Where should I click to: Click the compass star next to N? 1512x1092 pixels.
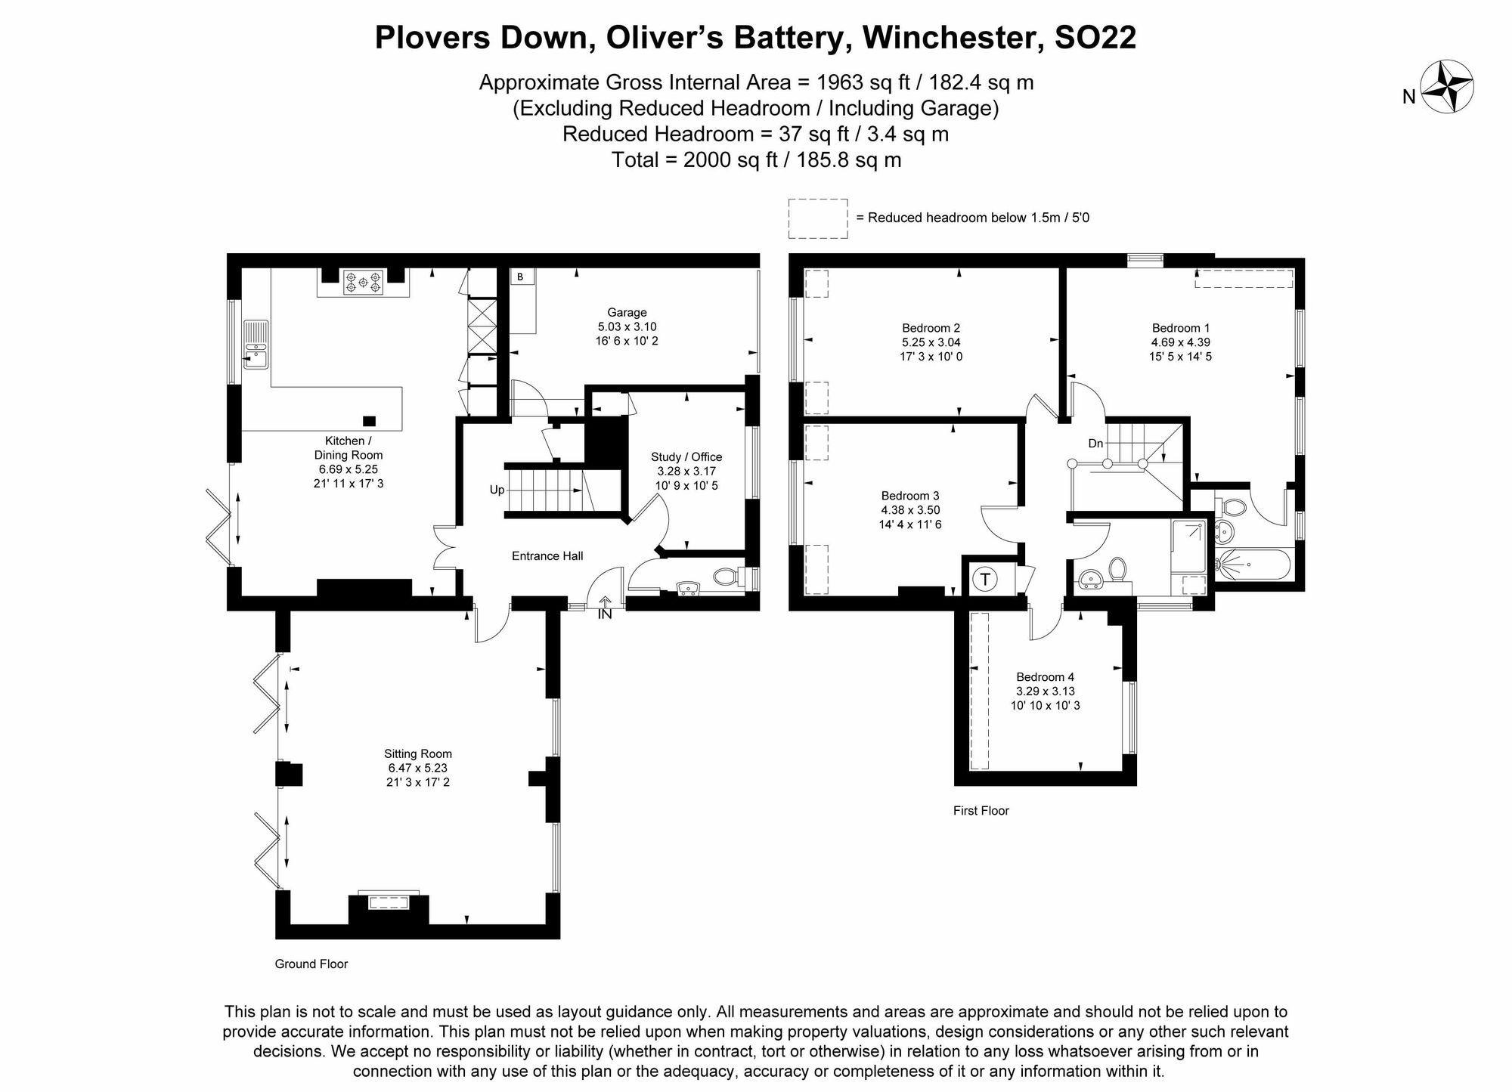[1447, 87]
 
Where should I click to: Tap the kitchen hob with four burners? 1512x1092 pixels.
[363, 283]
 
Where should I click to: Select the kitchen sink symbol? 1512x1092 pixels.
[256, 345]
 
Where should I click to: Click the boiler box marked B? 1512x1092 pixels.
[520, 277]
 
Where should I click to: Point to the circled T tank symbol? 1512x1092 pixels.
[985, 580]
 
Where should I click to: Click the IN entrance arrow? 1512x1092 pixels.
[605, 602]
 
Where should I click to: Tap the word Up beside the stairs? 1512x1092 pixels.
[497, 490]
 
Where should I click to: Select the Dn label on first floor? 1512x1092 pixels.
[1095, 444]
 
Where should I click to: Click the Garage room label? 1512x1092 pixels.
[627, 312]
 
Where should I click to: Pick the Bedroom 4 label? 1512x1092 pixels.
[1045, 677]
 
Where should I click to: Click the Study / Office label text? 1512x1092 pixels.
[686, 456]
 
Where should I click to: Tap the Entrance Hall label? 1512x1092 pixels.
[547, 556]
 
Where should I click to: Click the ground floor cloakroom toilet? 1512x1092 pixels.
[725, 577]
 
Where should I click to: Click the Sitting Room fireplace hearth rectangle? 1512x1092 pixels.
[388, 902]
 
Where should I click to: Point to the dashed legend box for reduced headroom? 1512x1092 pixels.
[817, 218]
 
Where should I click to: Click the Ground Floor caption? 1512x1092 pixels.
[311, 964]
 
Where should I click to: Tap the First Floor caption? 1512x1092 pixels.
[981, 811]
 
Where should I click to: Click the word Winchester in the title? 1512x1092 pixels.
[950, 38]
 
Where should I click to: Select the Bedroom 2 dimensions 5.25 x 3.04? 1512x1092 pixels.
[931, 342]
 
